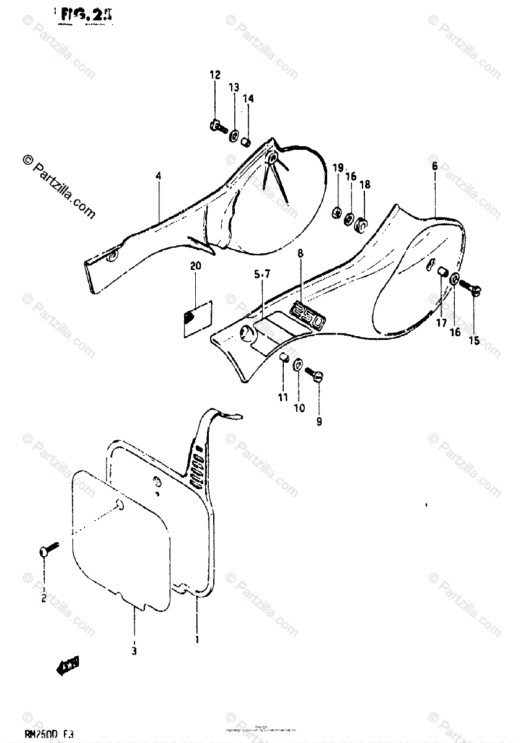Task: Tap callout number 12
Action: point(214,76)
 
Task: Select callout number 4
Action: point(159,176)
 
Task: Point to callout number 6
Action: point(434,166)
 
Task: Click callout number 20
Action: point(196,266)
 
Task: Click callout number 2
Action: point(44,597)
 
